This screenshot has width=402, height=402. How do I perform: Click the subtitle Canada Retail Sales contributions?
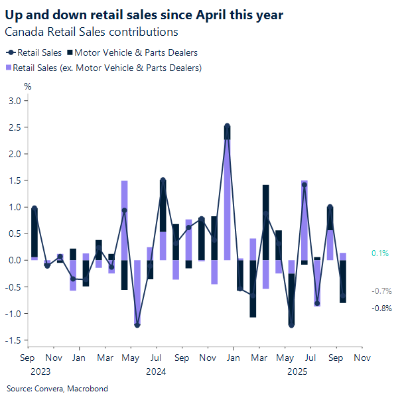click(92, 31)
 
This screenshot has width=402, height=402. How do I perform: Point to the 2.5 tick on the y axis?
click(14, 127)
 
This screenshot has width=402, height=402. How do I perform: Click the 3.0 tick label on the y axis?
click(14, 101)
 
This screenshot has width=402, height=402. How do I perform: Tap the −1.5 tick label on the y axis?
click(13, 340)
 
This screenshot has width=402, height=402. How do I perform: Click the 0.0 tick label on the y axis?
click(14, 260)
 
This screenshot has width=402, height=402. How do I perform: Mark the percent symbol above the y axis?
click(28, 86)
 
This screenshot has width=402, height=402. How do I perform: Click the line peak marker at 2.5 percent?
click(228, 126)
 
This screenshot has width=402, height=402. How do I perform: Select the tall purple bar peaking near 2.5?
click(228, 199)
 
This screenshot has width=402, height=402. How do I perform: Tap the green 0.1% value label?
click(380, 253)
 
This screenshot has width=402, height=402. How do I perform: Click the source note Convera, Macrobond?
click(57, 388)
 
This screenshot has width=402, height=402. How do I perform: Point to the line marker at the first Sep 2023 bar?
click(34, 208)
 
